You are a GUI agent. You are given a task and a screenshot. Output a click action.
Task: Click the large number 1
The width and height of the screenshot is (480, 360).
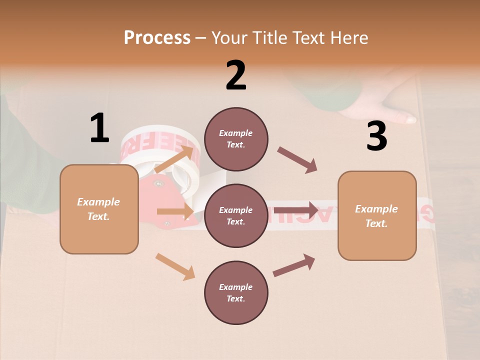click(x=99, y=128)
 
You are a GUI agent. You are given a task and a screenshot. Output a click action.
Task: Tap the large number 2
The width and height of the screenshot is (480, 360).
click(x=236, y=75)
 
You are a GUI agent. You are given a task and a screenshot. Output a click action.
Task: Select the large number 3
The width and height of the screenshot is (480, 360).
click(x=376, y=136)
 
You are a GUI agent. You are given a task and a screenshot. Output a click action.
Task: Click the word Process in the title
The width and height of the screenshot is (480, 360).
click(x=157, y=37)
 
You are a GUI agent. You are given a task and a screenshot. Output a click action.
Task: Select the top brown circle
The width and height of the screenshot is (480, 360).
click(x=236, y=139)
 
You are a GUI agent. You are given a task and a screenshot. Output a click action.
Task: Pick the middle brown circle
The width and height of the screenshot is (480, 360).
click(x=236, y=215)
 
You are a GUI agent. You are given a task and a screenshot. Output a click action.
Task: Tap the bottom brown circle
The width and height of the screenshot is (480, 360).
click(x=236, y=292)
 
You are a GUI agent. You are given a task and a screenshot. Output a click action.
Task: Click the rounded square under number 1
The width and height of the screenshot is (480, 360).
click(x=99, y=209)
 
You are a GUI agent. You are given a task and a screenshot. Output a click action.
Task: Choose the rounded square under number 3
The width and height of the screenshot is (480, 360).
click(x=377, y=215)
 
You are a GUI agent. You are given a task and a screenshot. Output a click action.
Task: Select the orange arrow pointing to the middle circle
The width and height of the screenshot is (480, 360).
click(x=175, y=211)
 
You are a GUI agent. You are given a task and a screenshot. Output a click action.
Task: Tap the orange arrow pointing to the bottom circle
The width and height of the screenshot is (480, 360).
click(x=175, y=266)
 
